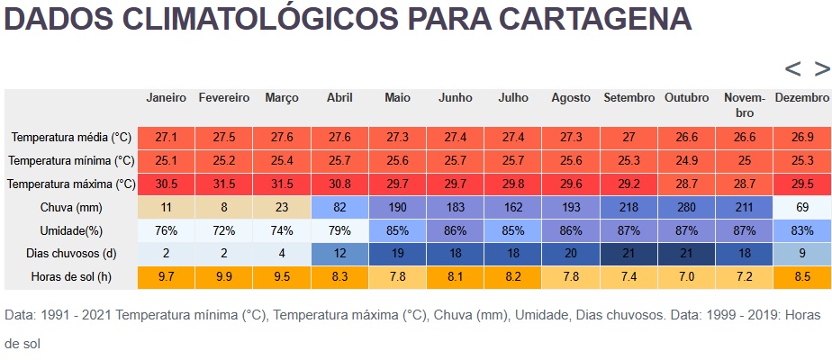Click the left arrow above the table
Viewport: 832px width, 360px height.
pos(792,68)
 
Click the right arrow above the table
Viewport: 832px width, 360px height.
pos(821,68)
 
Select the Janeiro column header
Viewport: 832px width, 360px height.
pos(166,97)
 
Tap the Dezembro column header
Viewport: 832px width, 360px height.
pos(801,97)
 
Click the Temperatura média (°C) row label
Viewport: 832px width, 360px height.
pos(71,138)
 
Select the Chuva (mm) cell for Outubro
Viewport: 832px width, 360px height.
pos(686,207)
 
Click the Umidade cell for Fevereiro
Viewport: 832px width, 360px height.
pos(223,230)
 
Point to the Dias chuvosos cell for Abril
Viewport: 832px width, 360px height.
pos(339,254)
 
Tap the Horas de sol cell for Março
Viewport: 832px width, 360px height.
pos(282,277)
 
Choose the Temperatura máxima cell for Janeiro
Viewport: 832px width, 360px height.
pos(166,184)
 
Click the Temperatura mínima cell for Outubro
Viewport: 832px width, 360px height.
pos(686,161)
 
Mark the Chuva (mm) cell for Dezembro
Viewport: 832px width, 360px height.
pos(801,207)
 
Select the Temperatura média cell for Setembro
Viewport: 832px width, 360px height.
pos(629,138)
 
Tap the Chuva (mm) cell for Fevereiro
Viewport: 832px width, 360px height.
pos(223,207)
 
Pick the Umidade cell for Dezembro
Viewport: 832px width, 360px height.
pos(801,230)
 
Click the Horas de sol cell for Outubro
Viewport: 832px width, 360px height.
pos(686,277)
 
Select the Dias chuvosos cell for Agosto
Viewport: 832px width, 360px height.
pos(571,254)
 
